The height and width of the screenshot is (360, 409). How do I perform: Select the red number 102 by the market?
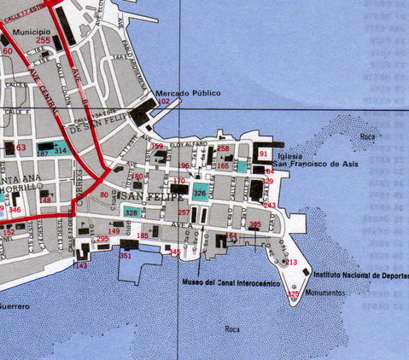165,102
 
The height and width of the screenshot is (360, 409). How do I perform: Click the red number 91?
264,154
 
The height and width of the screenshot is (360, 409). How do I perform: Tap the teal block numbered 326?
200,192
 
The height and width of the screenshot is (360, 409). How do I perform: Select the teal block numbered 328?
131,211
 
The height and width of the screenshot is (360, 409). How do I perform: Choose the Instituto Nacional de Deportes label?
359,276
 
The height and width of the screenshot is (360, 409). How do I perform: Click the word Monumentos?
324,292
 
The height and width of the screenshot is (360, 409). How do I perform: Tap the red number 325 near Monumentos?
294,294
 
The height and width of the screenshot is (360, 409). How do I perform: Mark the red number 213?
291,262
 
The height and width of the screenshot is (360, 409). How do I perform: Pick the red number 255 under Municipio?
43,40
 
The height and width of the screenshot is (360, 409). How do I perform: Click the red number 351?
126,255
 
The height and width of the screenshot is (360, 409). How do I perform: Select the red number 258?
224,148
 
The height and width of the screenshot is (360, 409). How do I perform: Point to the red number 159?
157,147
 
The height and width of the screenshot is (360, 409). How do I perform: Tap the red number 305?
255,224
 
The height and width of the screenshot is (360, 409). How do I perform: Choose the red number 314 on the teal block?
60,149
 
